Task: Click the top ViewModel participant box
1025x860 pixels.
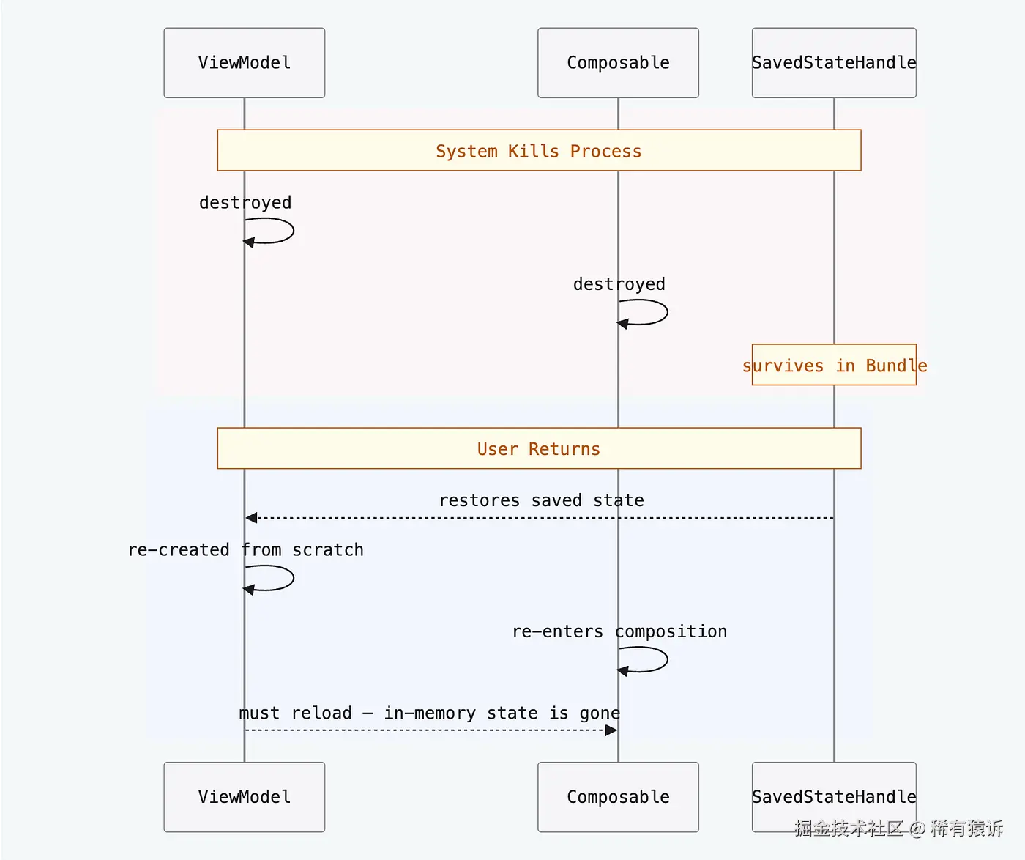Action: [x=244, y=63]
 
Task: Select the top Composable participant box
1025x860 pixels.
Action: [x=618, y=63]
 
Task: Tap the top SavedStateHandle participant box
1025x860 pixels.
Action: [x=834, y=63]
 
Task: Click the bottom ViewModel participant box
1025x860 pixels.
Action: [x=244, y=797]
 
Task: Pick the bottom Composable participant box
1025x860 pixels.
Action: [x=618, y=797]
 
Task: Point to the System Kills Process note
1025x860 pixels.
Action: [x=539, y=151]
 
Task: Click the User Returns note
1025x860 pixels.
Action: [x=539, y=448]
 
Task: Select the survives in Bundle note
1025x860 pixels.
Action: [x=834, y=365]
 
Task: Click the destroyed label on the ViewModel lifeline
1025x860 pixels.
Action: [x=245, y=203]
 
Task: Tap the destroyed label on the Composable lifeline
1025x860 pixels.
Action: [x=619, y=284]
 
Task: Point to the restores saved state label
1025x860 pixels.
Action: [x=541, y=500]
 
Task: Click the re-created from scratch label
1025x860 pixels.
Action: [x=246, y=550]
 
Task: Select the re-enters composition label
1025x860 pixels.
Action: [x=619, y=631]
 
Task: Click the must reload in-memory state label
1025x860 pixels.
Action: [x=430, y=713]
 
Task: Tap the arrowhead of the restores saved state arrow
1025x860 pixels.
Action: [x=251, y=518]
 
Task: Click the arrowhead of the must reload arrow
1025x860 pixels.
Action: [x=611, y=730]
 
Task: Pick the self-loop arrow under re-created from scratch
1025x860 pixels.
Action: [x=282, y=578]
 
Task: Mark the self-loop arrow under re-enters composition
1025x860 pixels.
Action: [x=656, y=659]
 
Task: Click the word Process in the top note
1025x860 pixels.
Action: [x=605, y=151]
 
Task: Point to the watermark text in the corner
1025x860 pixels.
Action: [x=898, y=829]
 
